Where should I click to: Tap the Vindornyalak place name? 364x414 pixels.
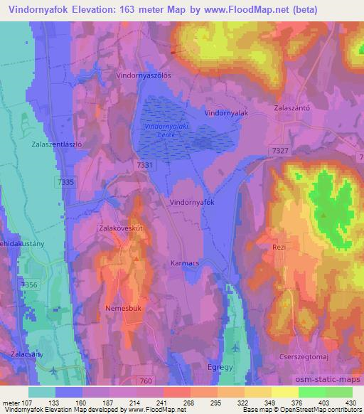click(x=225, y=112)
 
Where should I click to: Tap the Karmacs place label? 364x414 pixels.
click(x=186, y=263)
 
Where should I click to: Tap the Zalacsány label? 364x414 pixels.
click(x=27, y=354)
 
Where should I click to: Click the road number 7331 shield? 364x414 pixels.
click(x=144, y=165)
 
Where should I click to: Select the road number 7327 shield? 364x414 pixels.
click(x=279, y=151)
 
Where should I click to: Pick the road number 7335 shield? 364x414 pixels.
click(x=66, y=183)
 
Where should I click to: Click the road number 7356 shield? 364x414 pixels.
click(x=29, y=285)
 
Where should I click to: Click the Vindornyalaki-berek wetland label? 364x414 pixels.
click(x=161, y=129)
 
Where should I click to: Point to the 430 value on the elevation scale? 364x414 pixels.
click(x=350, y=403)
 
